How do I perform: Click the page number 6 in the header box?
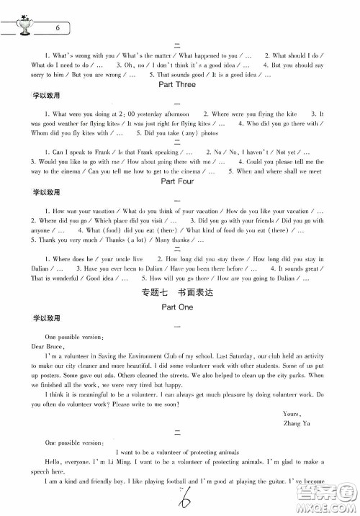[58, 28]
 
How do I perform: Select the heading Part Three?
[176, 84]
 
